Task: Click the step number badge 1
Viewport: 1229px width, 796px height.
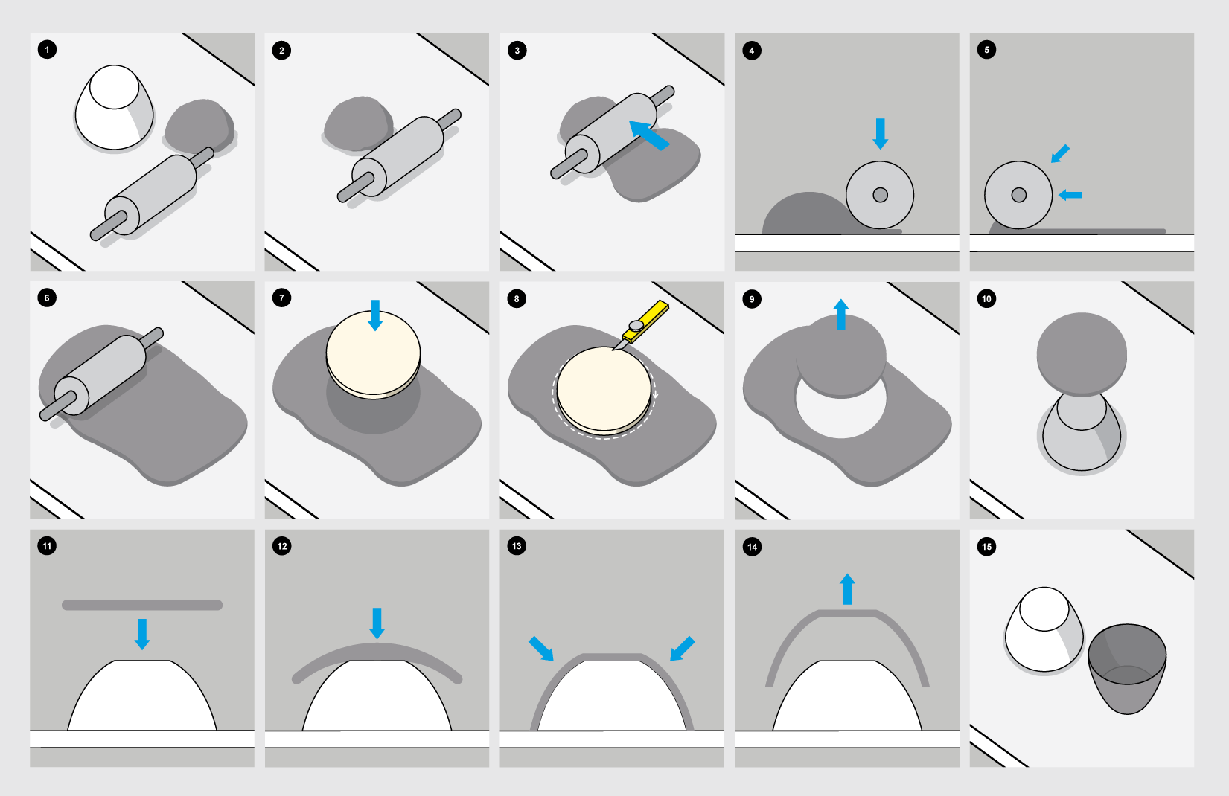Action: point(47,50)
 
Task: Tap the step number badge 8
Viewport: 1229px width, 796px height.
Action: point(517,299)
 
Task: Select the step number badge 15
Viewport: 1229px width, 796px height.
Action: point(986,547)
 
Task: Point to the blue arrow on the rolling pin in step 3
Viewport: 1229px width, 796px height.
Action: point(649,135)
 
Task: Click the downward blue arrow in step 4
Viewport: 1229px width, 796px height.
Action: point(881,133)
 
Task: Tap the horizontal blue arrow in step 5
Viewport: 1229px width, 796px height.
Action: point(1070,195)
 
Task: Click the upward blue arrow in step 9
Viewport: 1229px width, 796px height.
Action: point(841,314)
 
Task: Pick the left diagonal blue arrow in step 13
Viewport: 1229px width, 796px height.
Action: point(541,649)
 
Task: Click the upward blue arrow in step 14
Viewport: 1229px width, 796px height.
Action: point(848,588)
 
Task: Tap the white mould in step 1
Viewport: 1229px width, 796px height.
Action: point(114,107)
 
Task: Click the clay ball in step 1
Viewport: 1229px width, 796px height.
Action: point(199,126)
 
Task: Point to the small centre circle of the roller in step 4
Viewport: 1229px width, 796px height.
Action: point(880,195)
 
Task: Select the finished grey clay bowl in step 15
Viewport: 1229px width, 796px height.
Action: point(1127,669)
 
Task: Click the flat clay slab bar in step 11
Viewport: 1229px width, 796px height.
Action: point(142,605)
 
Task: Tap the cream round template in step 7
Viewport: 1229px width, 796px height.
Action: point(373,354)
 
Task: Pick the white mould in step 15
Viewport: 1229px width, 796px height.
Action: point(1044,629)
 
